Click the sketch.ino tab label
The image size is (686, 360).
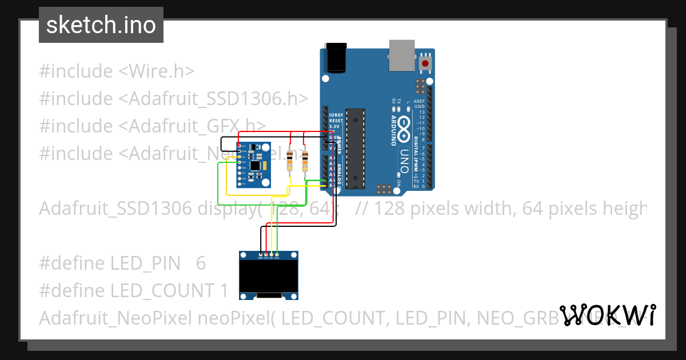(101, 25)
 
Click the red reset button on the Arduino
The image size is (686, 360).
(425, 62)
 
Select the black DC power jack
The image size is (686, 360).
(336, 58)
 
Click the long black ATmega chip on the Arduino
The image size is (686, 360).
(355, 148)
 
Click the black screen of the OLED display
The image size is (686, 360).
(269, 277)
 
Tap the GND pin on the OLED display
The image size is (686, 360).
(261, 254)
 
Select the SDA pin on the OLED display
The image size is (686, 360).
(277, 254)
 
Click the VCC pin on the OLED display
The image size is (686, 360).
(266, 254)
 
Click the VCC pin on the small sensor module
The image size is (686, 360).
(239, 146)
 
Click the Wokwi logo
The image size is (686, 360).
(608, 315)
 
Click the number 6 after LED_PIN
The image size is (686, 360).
(201, 263)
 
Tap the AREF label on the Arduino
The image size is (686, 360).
(419, 101)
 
